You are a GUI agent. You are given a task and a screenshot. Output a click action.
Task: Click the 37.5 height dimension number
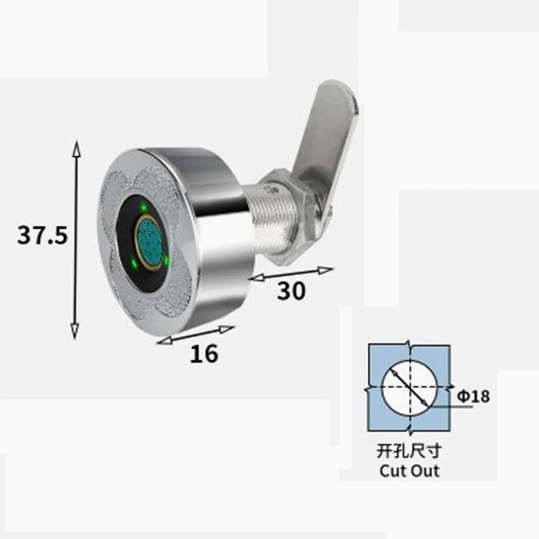42,236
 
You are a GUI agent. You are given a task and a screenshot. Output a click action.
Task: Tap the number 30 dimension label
291,291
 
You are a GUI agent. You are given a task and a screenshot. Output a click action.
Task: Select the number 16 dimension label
204,353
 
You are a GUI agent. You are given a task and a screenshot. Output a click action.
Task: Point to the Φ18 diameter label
473,396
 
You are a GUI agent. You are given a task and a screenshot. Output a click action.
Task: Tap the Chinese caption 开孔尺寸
409,451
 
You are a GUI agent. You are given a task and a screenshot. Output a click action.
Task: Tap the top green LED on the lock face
143,207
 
